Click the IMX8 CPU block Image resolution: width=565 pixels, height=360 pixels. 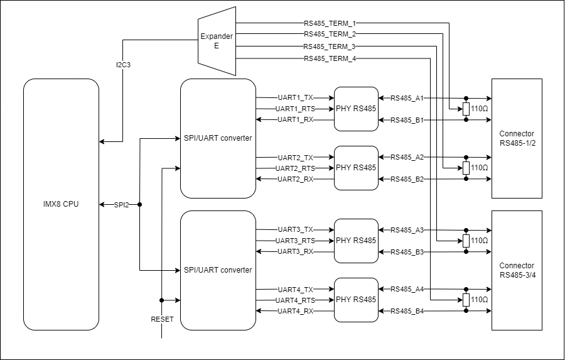pos(61,204)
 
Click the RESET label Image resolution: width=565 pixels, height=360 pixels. pos(162,319)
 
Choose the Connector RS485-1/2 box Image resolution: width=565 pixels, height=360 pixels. pos(517,138)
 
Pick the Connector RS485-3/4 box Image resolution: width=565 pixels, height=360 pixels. pos(517,270)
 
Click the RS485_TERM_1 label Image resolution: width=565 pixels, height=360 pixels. pos(330,23)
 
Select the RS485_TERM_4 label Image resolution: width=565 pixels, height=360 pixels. pos(330,58)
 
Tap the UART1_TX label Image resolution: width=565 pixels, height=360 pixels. pos(295,98)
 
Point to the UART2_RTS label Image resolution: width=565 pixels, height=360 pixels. pos(295,168)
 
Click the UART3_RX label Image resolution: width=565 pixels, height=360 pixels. pos(295,252)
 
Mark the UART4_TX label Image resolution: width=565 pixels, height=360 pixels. pos(295,290)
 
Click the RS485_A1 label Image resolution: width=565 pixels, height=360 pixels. pos(407,98)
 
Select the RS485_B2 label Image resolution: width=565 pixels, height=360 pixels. pos(407,180)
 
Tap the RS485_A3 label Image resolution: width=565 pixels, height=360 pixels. pos(407,230)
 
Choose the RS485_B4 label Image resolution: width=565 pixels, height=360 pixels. pos(407,312)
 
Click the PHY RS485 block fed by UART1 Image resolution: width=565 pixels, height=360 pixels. pos(356,109)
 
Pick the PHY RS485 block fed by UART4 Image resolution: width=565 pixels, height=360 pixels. pos(356,300)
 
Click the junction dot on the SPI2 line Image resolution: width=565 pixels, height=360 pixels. pos(139,205)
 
